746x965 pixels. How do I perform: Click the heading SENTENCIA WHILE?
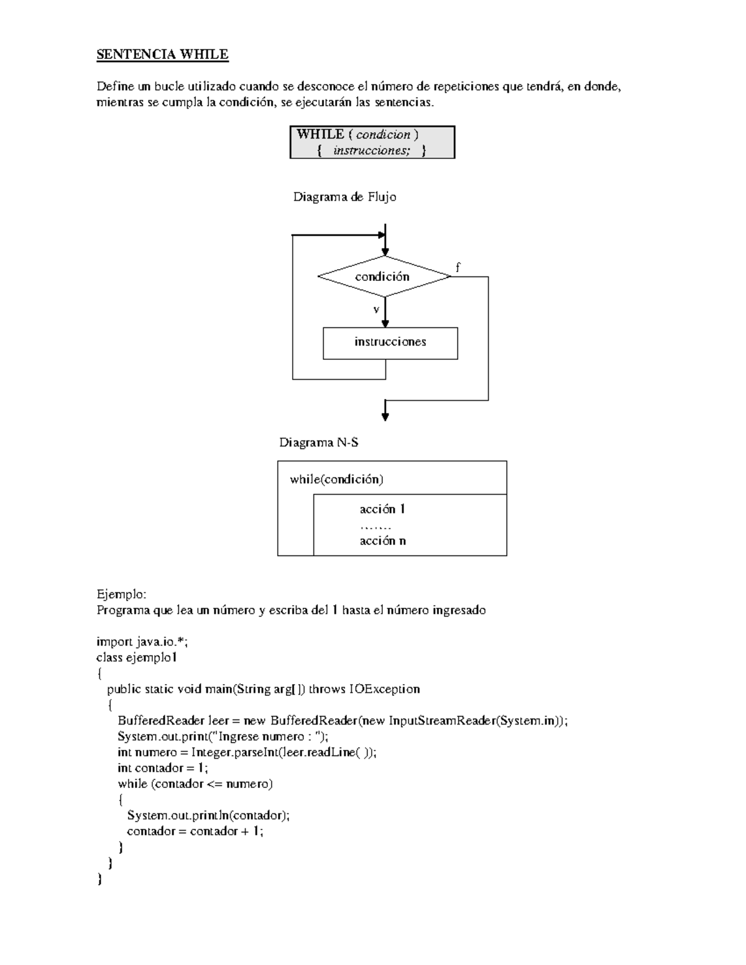tap(162, 55)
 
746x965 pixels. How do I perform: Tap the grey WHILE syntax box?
tap(372, 142)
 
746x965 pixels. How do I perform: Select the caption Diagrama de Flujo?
tap(344, 197)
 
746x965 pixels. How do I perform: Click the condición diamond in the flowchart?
tap(383, 277)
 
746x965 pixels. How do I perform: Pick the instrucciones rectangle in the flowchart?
tap(390, 342)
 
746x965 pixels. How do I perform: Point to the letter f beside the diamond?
tap(458, 268)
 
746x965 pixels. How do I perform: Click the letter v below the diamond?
tap(376, 309)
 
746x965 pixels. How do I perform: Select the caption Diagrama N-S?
tap(318, 443)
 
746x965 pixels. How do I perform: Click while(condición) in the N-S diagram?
tap(336, 479)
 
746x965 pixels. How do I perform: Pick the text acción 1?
tap(382, 510)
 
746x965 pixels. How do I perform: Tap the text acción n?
tap(382, 541)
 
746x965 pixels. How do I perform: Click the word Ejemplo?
tap(121, 594)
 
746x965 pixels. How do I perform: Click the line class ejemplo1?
tap(137, 657)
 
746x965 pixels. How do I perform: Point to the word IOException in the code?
tap(384, 689)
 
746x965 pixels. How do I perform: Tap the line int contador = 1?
tap(163, 768)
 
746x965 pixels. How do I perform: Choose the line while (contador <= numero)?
tap(195, 784)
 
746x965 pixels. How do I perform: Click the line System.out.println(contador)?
tap(208, 815)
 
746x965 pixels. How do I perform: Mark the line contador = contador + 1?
tap(195, 831)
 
